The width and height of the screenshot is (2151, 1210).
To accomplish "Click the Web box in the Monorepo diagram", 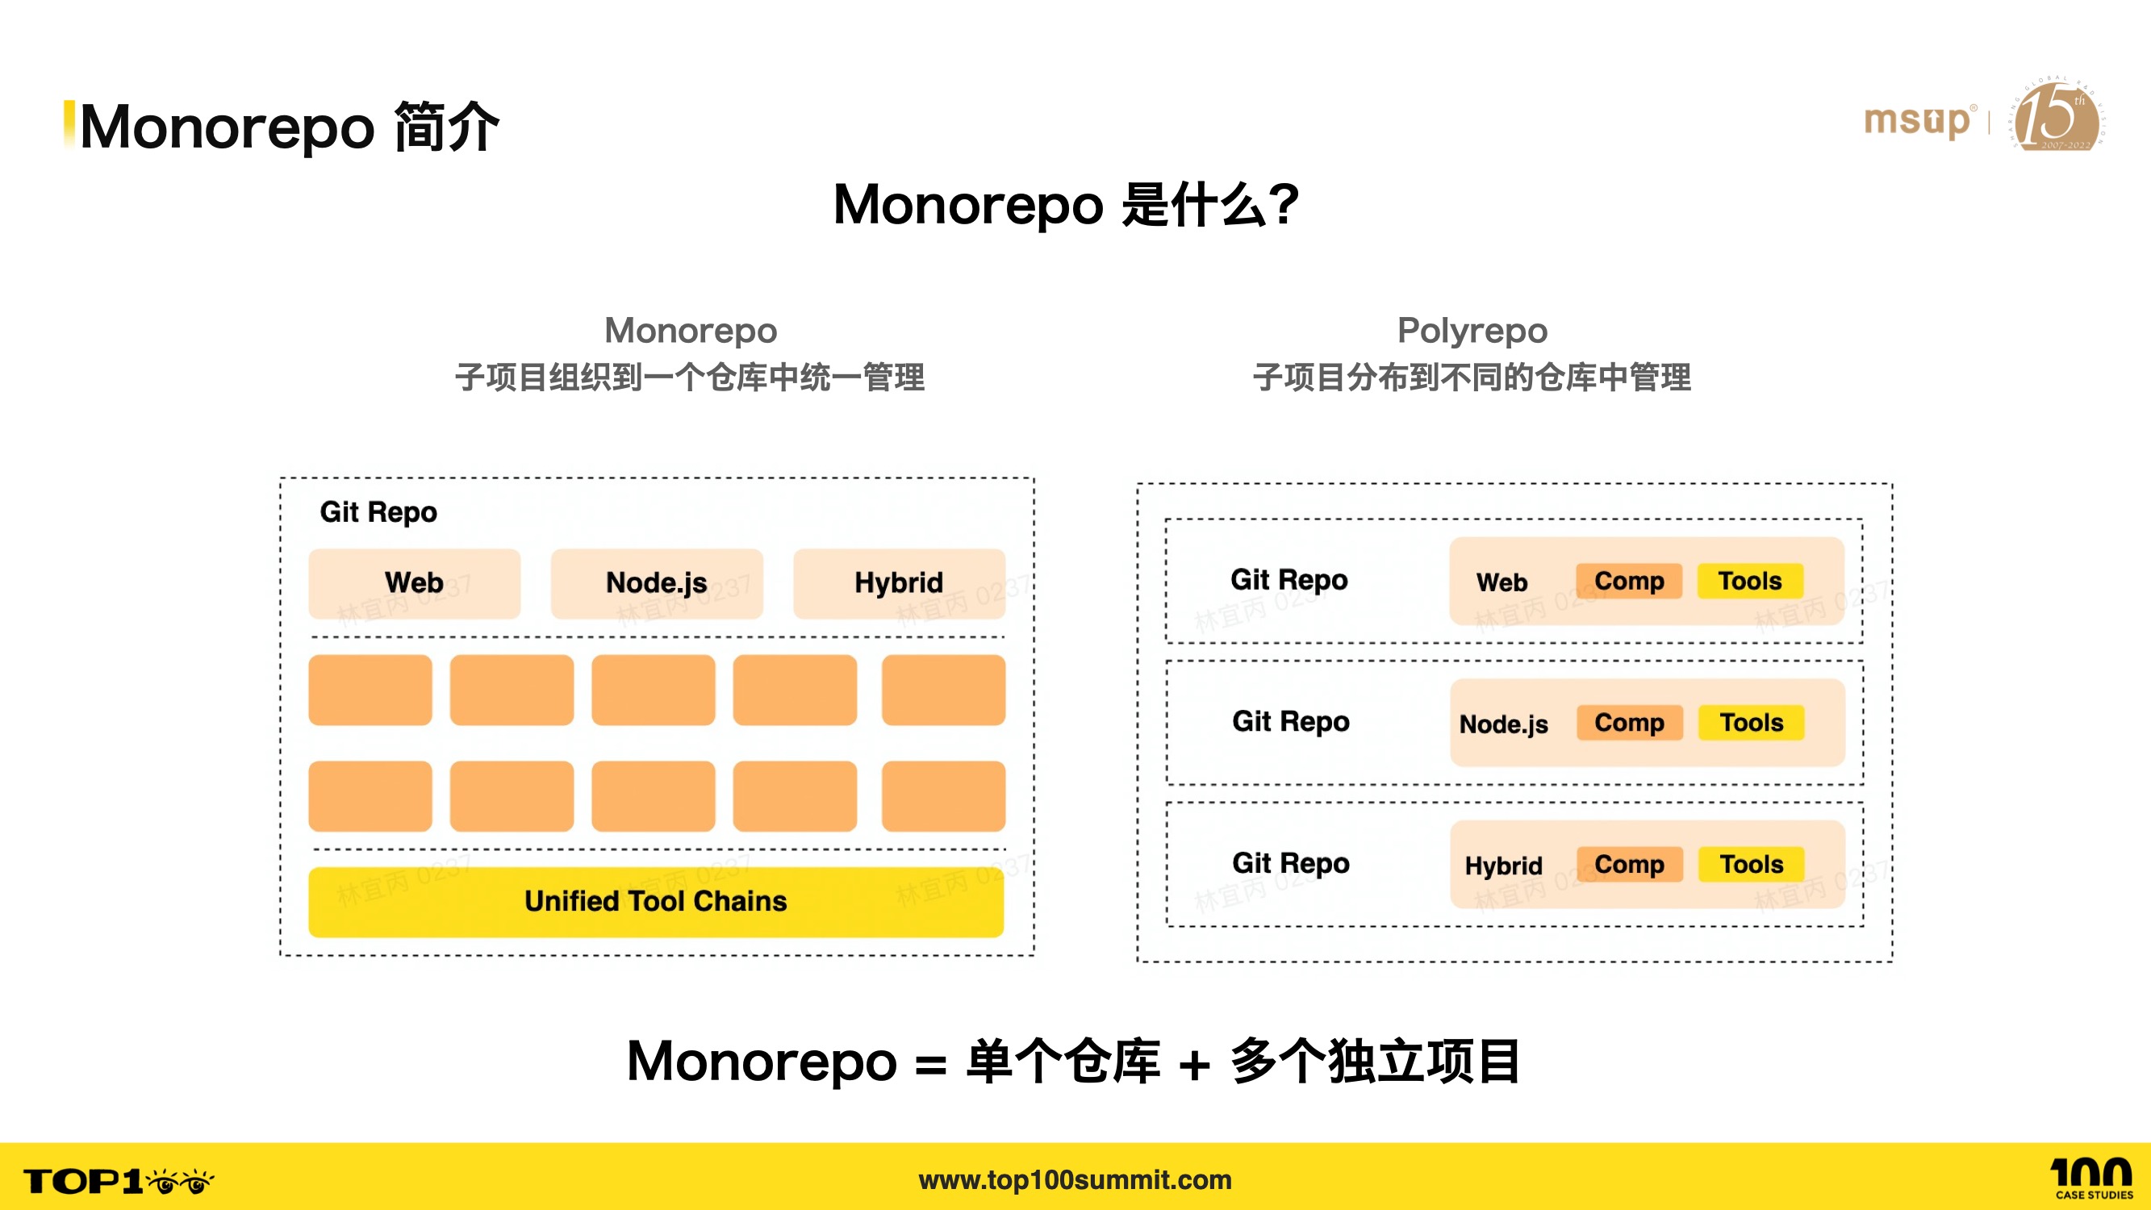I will coord(414,583).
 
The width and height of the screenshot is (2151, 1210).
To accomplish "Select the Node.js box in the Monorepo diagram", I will coord(656,583).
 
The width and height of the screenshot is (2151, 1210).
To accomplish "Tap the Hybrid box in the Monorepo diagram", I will coord(899,583).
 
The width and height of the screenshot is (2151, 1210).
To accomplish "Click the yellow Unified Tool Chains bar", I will coord(655,902).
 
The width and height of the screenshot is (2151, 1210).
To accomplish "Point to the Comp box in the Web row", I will coord(1628,581).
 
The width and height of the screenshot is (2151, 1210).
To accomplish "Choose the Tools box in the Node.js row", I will coord(1751,722).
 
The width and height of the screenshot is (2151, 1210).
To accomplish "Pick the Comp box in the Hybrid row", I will coord(1628,864).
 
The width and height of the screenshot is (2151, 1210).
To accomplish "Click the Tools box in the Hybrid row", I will coord(1751,864).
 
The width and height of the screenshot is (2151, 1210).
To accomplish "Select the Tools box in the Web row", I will coord(1749,581).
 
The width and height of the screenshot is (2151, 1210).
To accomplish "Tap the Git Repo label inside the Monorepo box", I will coord(378,512).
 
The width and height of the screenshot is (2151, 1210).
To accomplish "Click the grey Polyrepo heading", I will coord(1472,331).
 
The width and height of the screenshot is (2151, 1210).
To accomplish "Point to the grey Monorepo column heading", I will coord(691,331).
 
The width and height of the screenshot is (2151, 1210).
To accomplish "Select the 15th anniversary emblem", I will coord(2057,115).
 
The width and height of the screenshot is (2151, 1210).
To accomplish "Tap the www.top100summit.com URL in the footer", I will coord(1075,1180).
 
